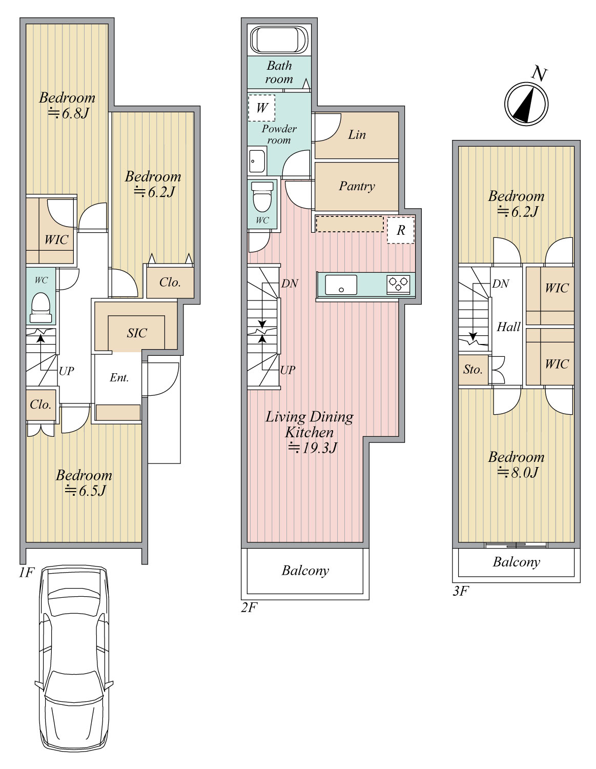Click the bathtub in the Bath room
coord(279,40)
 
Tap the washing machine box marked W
coord(261,108)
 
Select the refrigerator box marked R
coord(400,230)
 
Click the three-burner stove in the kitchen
coord(398,284)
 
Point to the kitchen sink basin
coord(341,285)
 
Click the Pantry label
coord(357,187)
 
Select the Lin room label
coord(357,134)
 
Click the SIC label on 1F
coord(136,333)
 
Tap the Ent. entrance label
coord(119,378)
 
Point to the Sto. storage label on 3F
coord(472,370)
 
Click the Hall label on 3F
coord(508,327)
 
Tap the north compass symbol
coord(526,104)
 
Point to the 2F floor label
coord(249,608)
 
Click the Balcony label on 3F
coord(517,562)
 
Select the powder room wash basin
coord(257,161)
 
